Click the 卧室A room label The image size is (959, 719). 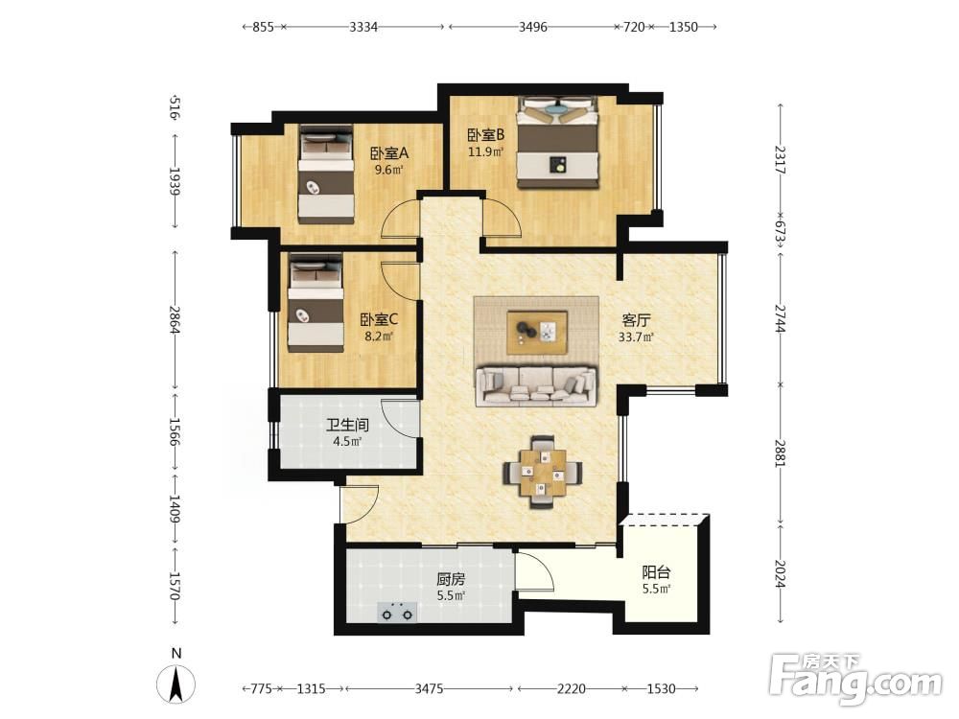pos(389,153)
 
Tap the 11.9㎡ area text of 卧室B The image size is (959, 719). pos(485,151)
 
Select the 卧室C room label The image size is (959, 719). pos(379,320)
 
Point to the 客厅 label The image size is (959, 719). pos(636,320)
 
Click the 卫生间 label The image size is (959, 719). pos(347,425)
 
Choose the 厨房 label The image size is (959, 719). pos(451,578)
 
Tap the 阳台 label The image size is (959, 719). pos(656,572)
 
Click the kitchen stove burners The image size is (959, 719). pos(397,612)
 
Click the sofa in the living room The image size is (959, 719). pos(536,385)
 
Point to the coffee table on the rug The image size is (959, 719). pos(537,332)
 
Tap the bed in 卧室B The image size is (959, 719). pos(556,142)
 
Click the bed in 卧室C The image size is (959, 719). pos(316,303)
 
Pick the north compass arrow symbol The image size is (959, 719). pos(176,684)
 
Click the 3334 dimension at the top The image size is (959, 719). pos(363,27)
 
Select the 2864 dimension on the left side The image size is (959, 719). pos(175,319)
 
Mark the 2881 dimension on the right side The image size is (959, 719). pos(779,453)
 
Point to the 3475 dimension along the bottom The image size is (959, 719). pos(430,689)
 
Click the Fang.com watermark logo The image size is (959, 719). pos(855,678)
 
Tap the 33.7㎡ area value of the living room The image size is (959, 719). pos(636,336)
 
